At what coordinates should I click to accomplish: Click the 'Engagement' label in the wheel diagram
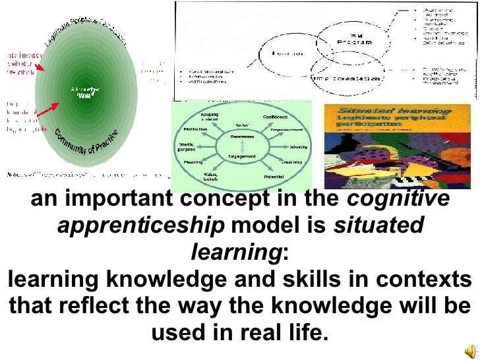pos(242,156)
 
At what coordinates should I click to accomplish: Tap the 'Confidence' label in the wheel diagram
pos(276,117)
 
